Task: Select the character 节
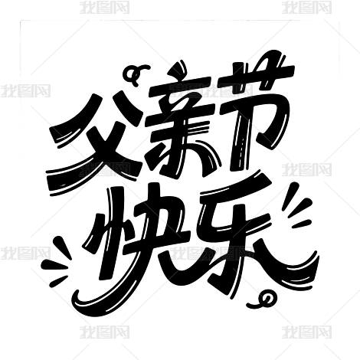point(258,107)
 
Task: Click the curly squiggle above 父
point(136,74)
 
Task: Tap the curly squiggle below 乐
point(263,300)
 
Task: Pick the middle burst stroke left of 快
point(54,265)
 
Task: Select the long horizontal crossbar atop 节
point(258,77)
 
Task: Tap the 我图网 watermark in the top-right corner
point(307,7)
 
